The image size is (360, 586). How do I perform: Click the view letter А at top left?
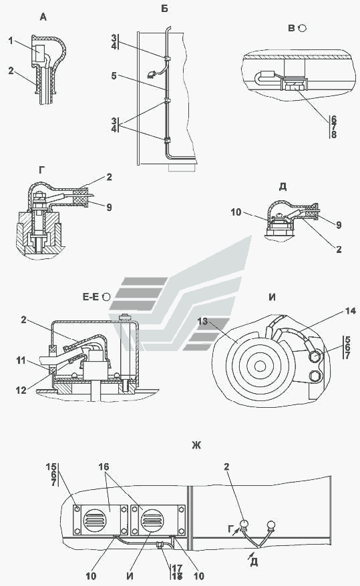43,17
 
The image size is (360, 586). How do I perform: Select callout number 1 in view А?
11,41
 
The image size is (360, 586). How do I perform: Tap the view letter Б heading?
164,9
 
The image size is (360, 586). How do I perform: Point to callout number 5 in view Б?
114,76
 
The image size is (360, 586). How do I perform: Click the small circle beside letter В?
303,28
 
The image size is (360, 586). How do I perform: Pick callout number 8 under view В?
333,134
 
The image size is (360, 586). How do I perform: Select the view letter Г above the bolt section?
41,170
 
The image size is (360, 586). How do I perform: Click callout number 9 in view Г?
109,207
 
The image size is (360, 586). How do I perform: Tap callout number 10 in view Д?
236,212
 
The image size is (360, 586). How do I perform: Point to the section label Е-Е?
91,297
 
